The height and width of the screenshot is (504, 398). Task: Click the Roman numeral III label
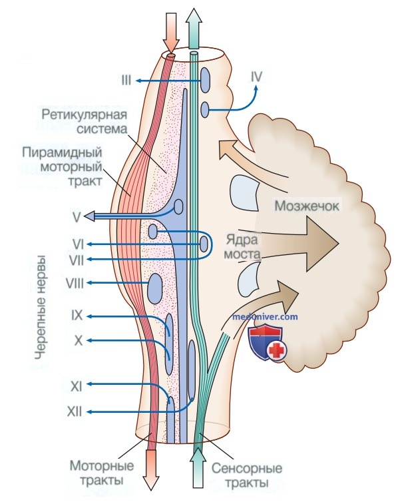point(126,80)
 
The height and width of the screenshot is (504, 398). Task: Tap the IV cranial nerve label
point(256,77)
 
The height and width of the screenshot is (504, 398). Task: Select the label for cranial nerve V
point(77,218)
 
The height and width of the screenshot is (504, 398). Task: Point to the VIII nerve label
point(75,284)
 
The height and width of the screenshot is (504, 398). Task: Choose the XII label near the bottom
point(75,411)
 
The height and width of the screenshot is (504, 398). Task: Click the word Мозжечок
point(306,206)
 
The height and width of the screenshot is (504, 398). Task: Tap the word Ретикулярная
point(85,115)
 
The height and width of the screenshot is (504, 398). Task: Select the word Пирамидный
point(62,152)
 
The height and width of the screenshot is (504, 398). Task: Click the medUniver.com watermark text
point(265,317)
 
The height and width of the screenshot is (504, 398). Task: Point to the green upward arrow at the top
point(194,29)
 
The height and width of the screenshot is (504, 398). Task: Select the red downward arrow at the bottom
point(151,469)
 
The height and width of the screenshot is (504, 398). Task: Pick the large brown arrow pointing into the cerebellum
point(289,244)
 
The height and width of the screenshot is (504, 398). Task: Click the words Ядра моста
point(242,247)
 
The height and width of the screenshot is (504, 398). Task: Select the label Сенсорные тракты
point(247,475)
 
